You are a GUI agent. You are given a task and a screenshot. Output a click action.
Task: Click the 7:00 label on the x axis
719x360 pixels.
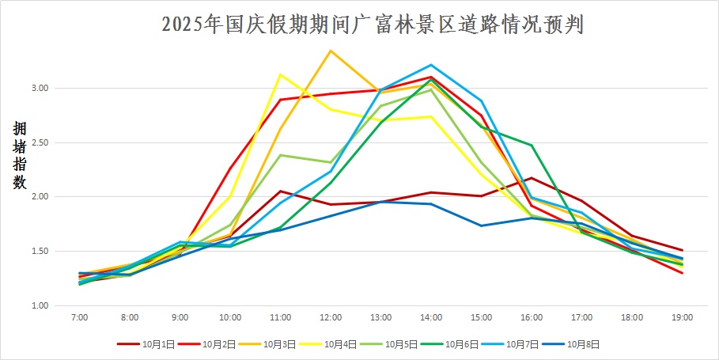coord(79,317)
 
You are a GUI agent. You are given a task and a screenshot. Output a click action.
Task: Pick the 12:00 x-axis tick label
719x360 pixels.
coord(331,317)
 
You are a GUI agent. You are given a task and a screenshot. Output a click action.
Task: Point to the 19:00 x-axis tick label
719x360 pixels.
coord(682,317)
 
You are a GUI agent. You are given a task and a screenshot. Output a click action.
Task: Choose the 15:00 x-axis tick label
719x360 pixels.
coord(481,317)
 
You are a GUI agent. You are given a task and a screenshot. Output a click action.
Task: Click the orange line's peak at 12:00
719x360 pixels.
coord(331,51)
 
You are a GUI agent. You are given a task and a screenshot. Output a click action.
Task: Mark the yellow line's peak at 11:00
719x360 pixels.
coord(280,74)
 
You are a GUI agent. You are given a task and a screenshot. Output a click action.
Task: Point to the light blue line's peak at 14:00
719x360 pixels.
coord(431,65)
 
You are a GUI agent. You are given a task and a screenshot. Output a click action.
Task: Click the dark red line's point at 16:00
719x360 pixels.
coord(532,178)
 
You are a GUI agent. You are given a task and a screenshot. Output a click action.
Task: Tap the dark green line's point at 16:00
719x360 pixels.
coord(532,145)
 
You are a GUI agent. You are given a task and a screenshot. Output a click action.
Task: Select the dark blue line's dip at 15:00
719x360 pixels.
coord(481,225)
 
